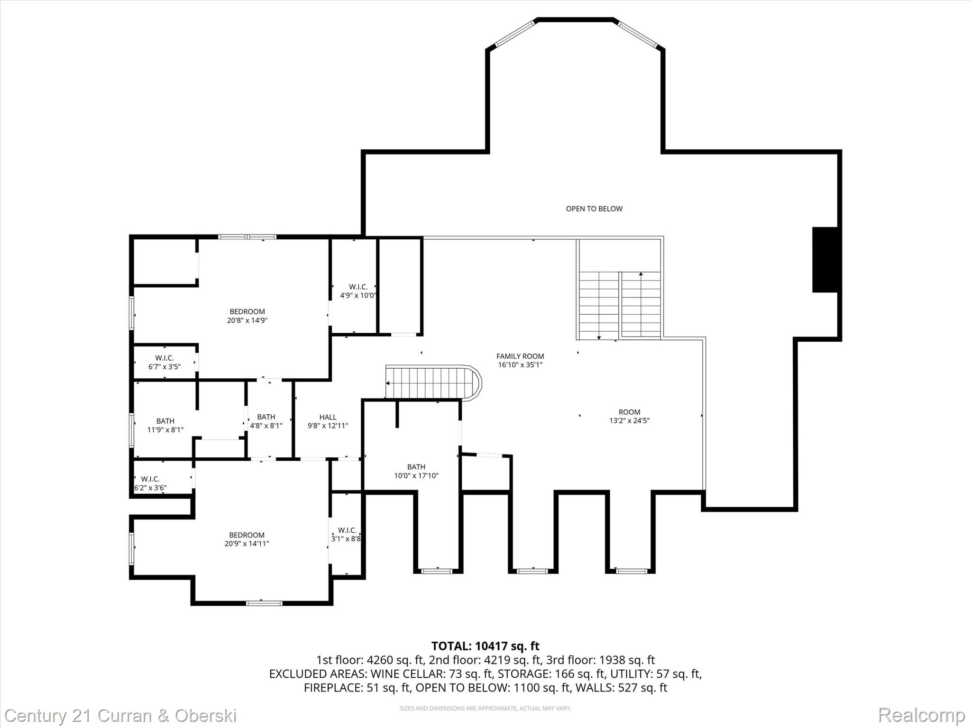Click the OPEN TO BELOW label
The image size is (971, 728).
point(594,209)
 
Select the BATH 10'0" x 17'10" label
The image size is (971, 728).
point(416,471)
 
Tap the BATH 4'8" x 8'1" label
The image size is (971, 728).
point(266,421)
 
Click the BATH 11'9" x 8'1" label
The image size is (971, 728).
point(165,425)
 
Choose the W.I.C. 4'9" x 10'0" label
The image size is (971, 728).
point(358,291)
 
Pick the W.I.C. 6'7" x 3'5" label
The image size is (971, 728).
point(165,362)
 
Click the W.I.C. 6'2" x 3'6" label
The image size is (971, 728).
point(150,483)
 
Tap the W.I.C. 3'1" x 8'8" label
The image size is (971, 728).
point(347,535)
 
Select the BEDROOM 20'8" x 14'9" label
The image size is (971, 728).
point(247,316)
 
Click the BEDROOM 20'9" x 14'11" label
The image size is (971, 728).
point(247,539)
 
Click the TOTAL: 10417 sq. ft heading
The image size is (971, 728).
point(485,646)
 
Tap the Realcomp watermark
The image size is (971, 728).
point(921,715)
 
